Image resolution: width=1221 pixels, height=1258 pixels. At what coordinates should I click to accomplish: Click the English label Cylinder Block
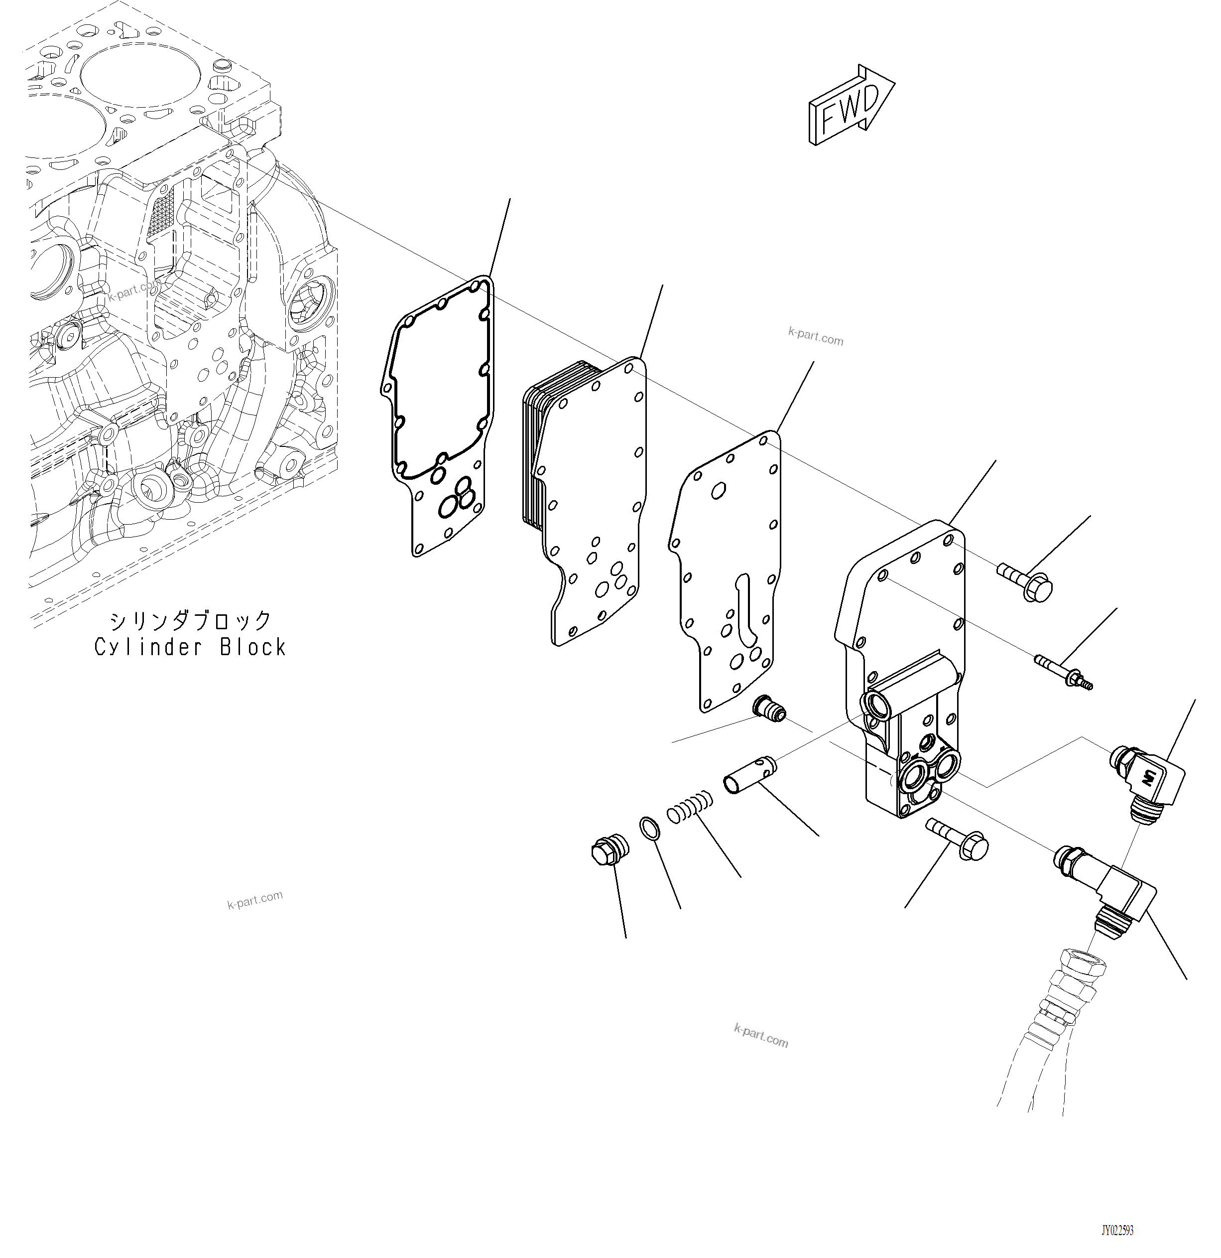[x=190, y=647]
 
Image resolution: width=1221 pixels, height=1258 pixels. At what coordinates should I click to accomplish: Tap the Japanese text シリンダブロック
[x=190, y=621]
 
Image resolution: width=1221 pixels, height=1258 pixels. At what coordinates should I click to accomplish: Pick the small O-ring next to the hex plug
[x=650, y=829]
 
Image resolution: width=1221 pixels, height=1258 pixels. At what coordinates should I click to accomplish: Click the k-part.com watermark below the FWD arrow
[x=816, y=336]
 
